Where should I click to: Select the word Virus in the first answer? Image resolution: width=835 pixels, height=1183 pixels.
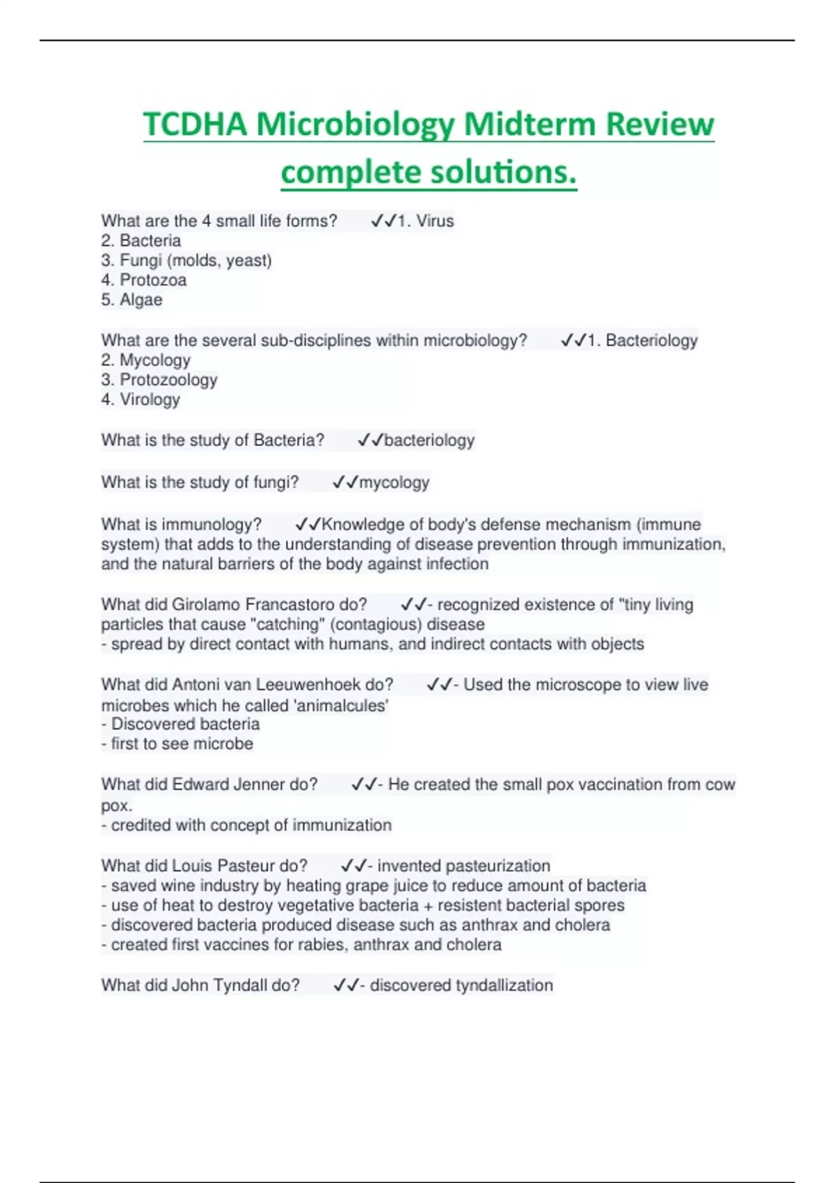click(435, 221)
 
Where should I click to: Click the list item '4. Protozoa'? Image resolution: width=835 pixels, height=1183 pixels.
click(144, 280)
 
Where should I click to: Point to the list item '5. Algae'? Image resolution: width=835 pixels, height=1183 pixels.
click(132, 300)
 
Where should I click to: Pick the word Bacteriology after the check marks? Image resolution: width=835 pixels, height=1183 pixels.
click(651, 340)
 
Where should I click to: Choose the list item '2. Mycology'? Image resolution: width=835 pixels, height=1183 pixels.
click(145, 360)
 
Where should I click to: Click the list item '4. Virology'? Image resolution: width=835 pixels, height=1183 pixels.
click(141, 399)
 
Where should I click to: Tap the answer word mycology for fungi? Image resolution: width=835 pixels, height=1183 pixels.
click(394, 482)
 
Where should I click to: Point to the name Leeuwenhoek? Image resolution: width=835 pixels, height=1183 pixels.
click(310, 685)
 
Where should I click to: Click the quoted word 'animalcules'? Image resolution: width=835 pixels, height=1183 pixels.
click(342, 706)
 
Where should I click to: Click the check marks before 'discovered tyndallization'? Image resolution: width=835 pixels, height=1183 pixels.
click(346, 985)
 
